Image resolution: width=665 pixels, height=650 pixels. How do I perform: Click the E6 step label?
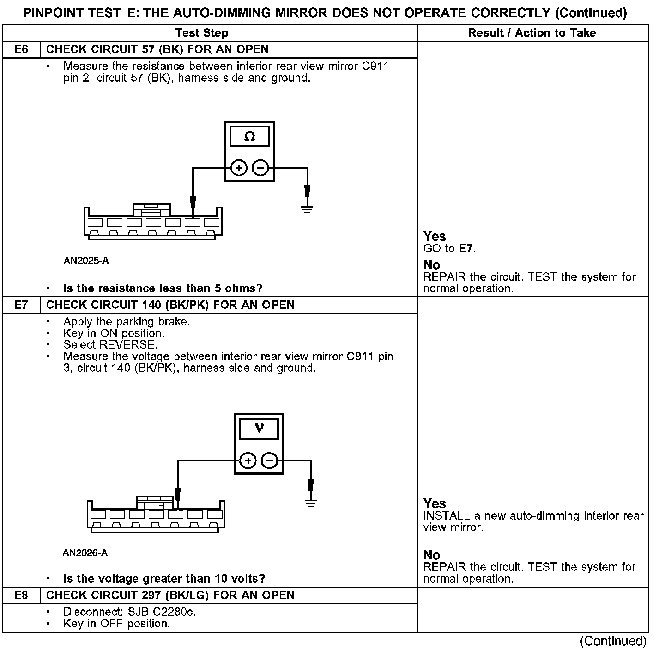(21, 49)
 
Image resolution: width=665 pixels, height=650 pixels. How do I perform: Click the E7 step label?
(21, 305)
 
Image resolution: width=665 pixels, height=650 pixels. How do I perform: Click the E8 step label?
(21, 595)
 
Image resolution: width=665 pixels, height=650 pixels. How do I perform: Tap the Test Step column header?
(202, 33)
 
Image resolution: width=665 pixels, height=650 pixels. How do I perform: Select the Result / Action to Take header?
(532, 33)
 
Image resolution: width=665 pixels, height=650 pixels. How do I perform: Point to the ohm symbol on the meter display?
(249, 137)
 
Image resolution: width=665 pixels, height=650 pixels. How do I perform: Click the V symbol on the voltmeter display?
(259, 429)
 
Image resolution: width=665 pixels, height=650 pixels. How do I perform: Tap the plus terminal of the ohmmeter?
(239, 168)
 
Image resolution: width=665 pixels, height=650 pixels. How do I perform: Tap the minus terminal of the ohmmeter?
(260, 168)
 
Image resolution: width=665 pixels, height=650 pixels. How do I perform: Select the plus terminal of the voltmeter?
(248, 460)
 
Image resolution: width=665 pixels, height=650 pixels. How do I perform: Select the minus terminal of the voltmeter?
(270, 460)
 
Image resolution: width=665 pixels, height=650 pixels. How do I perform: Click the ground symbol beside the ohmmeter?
(307, 209)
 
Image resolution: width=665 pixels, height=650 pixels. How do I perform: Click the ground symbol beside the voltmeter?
(311, 503)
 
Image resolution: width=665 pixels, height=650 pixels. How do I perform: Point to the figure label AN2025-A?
(86, 261)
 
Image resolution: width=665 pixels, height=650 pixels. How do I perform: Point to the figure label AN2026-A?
(85, 553)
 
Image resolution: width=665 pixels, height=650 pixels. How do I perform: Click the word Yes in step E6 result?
(435, 237)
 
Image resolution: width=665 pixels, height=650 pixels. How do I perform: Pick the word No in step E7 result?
(432, 555)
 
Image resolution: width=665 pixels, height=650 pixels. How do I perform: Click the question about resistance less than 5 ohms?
(163, 288)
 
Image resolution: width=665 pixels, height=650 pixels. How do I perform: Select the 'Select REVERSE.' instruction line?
(110, 345)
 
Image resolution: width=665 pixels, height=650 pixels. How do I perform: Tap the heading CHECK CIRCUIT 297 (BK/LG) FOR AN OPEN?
(170, 595)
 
